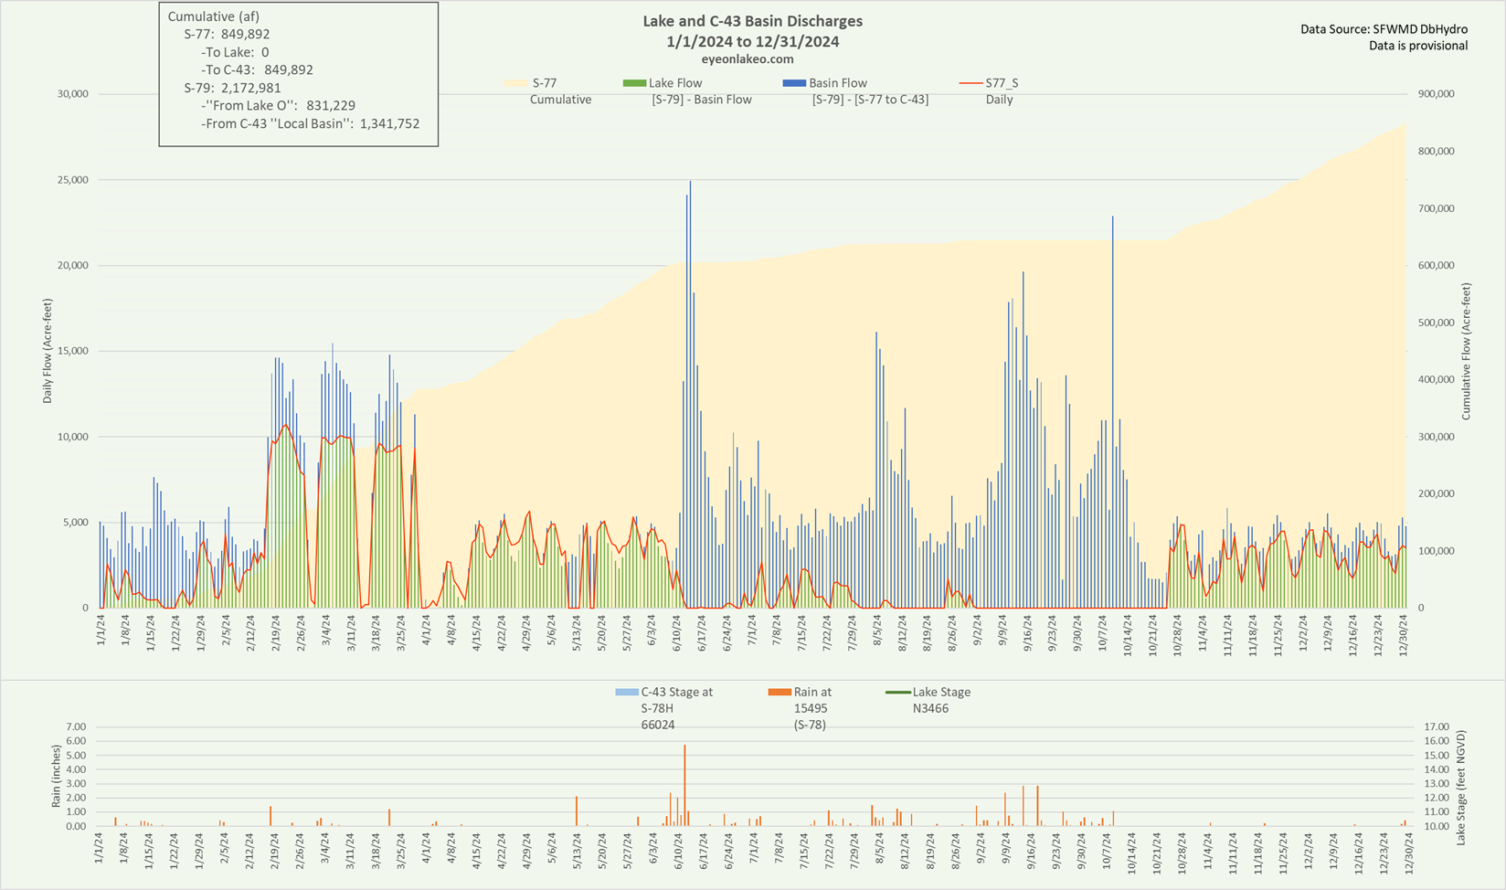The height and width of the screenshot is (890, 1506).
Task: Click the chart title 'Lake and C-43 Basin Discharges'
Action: tap(752, 21)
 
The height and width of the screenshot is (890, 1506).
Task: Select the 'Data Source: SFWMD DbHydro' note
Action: tap(1384, 29)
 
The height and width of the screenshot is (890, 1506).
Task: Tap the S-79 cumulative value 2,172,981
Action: tap(251, 88)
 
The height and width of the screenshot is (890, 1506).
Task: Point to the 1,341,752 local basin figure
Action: tap(389, 123)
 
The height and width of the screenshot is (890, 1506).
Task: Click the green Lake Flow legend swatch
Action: tap(634, 83)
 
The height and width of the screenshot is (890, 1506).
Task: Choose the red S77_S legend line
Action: tap(970, 83)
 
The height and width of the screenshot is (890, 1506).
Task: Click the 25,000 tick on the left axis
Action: tap(71, 180)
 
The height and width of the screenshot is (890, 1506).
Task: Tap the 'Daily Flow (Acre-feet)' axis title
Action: tap(48, 351)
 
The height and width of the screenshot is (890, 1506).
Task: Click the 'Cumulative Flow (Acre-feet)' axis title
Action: tap(1466, 351)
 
